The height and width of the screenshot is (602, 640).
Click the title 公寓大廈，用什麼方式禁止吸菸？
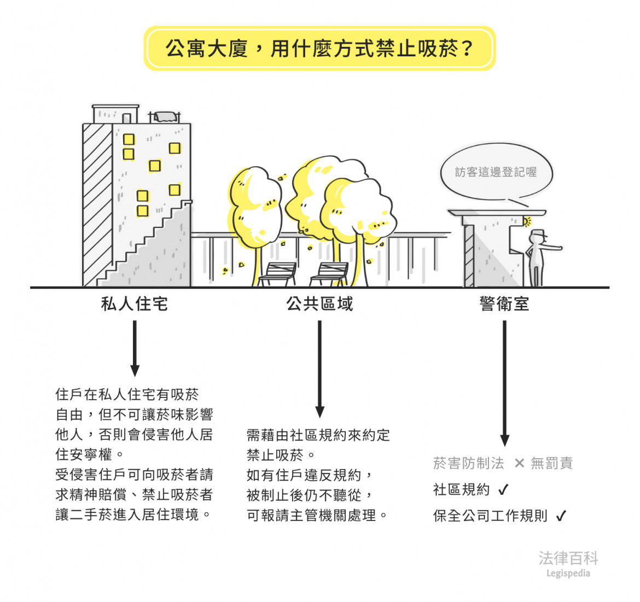click(x=319, y=49)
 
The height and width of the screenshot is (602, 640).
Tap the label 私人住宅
click(x=135, y=303)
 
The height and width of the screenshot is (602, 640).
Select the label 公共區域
click(x=320, y=303)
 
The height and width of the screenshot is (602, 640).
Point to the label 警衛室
click(x=504, y=303)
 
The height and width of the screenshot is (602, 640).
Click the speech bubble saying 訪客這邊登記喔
click(x=496, y=172)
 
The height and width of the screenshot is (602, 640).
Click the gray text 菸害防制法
click(x=468, y=463)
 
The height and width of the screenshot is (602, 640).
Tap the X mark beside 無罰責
click(x=519, y=463)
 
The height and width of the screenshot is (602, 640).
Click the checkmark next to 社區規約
click(x=503, y=489)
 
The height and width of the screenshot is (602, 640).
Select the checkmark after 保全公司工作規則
click(x=561, y=516)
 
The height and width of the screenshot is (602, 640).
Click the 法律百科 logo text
click(x=568, y=558)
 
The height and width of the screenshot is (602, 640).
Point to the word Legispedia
click(x=568, y=573)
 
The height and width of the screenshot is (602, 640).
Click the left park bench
click(x=277, y=273)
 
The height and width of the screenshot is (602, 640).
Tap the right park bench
click(x=329, y=273)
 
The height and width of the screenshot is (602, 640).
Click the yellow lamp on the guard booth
click(x=527, y=221)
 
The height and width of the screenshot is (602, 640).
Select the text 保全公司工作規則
click(x=490, y=516)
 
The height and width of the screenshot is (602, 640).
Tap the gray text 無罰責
click(x=551, y=463)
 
